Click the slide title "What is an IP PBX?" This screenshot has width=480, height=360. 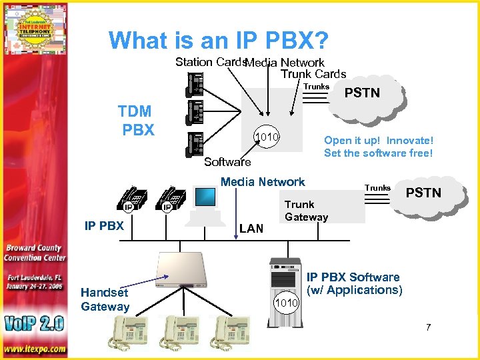click(219, 41)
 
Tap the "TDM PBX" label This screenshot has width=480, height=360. click(135, 120)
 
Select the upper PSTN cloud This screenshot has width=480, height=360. click(363, 95)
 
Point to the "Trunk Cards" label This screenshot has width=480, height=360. click(313, 74)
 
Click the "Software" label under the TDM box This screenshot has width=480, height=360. click(227, 162)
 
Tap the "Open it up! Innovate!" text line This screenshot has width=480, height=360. click(378, 140)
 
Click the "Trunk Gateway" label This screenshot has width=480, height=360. click(306, 211)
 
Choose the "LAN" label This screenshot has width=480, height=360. click(251, 229)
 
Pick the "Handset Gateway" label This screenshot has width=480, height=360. click(105, 299)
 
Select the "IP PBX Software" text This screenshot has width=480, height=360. click(353, 277)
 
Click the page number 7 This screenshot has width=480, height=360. click(429, 327)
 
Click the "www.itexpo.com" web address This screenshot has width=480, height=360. click(34, 349)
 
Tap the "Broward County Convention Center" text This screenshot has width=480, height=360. click(35, 253)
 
